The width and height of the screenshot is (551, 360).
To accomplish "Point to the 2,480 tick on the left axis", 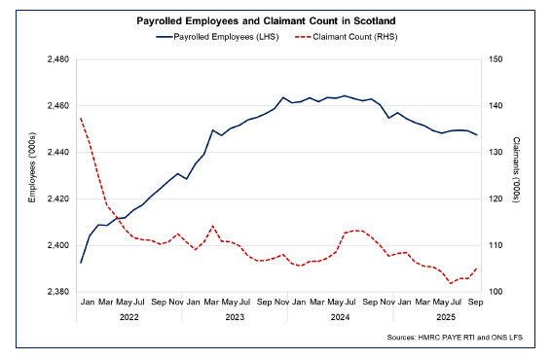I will (56, 59).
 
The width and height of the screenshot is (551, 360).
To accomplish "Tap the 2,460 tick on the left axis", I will (56, 106).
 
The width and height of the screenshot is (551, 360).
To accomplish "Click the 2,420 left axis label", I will (56, 199).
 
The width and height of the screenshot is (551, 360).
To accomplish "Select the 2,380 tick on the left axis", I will (56, 292).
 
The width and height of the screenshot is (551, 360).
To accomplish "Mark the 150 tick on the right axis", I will (496, 59).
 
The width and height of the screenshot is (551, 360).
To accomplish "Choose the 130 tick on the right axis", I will (496, 153).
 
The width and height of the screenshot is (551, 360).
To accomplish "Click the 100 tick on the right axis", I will (496, 292).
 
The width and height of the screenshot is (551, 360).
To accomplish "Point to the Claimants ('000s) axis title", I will (517, 176).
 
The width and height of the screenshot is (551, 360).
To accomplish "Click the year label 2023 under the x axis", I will (235, 317).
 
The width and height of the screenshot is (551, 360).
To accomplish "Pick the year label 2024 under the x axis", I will (341, 317).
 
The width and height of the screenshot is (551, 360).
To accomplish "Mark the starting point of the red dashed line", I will (80, 118).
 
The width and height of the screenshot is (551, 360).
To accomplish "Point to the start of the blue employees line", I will (80, 263).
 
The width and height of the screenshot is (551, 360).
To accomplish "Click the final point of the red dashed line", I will (477, 269).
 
